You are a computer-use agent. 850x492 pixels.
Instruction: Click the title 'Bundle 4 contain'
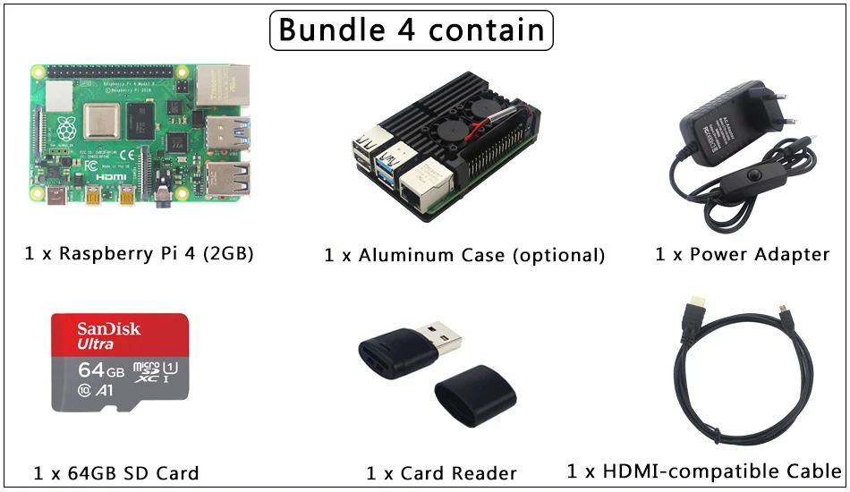[412, 30]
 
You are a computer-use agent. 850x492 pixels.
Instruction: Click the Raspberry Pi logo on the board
[65, 129]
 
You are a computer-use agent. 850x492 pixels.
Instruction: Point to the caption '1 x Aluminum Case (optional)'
[464, 255]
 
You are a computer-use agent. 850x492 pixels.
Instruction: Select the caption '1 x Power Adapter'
[742, 254]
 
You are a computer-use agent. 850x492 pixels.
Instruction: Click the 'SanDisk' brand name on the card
[108, 328]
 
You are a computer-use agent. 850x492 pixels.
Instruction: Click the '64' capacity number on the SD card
[91, 369]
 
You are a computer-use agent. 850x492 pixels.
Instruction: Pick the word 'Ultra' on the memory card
[95, 344]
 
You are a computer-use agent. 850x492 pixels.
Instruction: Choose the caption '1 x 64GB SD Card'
[116, 472]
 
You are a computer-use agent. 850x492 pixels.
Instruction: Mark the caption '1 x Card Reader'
[441, 472]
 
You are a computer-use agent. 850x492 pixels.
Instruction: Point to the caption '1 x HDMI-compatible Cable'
[704, 471]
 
